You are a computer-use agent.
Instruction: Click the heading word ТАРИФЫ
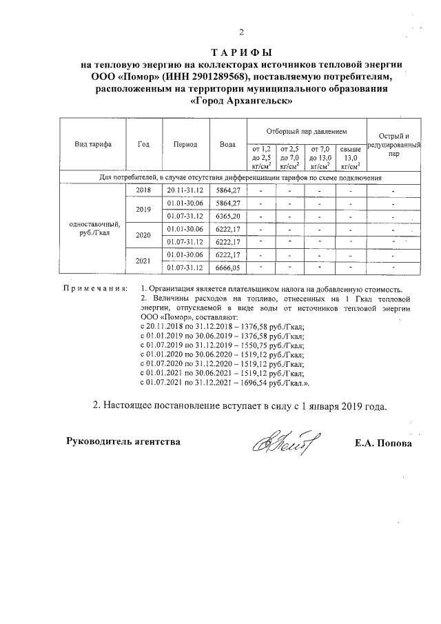coord(241,52)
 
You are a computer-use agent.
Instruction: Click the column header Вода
coord(227,144)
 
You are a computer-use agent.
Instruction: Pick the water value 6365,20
coord(227,217)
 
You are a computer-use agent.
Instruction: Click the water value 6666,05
coord(227,268)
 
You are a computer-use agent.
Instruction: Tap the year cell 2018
coord(143,190)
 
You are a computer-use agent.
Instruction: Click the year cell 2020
coord(143,235)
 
